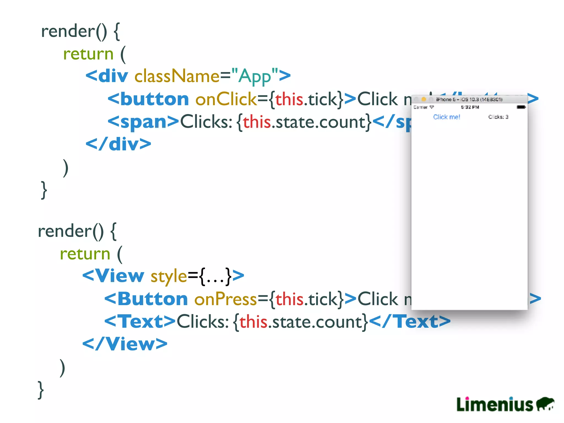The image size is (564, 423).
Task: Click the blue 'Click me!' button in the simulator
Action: coord(446,117)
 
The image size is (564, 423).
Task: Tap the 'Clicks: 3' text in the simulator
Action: coord(498,117)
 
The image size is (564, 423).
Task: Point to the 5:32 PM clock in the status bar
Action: coord(470,107)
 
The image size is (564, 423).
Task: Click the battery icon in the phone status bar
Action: coord(521,107)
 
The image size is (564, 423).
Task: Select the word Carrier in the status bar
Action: coord(421,107)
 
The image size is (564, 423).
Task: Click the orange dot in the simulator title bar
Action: coord(424,99)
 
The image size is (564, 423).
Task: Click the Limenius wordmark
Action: coord(495,404)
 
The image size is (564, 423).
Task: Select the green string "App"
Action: coord(255,76)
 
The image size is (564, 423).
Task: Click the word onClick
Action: coord(226,99)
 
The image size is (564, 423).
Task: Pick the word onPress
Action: coord(225,299)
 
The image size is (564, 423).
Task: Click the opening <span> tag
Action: coord(143,121)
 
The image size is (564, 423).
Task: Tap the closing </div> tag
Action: coord(118,144)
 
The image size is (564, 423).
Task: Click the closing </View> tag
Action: coord(125,344)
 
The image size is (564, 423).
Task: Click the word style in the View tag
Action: coord(169,276)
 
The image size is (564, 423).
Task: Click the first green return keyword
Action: coord(88,54)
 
